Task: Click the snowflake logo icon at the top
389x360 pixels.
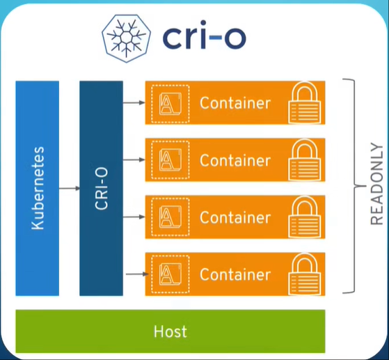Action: [126, 38]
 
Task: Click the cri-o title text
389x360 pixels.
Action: [205, 35]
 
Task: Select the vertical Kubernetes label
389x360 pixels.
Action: [38, 188]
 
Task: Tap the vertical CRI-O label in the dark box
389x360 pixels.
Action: [102, 189]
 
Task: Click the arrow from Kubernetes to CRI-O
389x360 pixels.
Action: [69, 189]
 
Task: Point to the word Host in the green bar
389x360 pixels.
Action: [170, 331]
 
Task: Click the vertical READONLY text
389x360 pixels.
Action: [376, 184]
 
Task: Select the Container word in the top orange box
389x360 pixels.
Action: [235, 103]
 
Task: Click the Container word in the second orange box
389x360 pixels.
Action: [235, 160]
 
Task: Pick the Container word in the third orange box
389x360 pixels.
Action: [235, 217]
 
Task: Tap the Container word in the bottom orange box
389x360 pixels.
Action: [235, 274]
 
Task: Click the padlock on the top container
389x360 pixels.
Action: [304, 102]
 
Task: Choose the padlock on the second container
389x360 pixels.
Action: [304, 160]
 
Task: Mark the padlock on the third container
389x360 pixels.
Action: [304, 217]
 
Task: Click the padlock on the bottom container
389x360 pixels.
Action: [304, 274]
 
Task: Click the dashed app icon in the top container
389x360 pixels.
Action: [170, 104]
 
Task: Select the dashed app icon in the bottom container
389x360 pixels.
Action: [170, 274]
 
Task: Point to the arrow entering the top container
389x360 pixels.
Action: [134, 102]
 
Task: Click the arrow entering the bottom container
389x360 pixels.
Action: [137, 274]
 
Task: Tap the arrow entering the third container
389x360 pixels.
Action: [134, 217]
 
